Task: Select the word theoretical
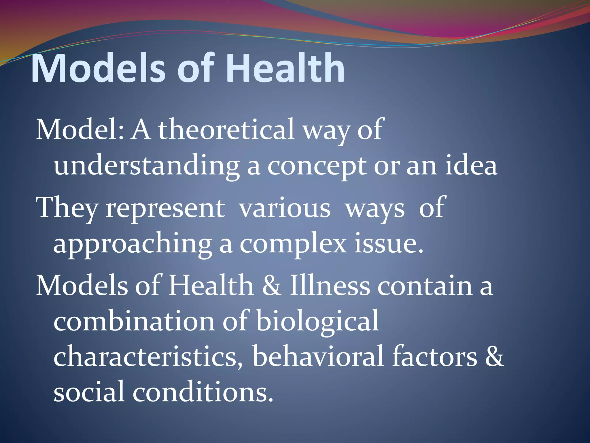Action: (226, 130)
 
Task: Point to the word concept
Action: (317, 167)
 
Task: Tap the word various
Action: (285, 209)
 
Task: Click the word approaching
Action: (133, 245)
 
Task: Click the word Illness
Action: (330, 286)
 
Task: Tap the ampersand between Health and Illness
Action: (271, 286)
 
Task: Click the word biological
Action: (317, 322)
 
